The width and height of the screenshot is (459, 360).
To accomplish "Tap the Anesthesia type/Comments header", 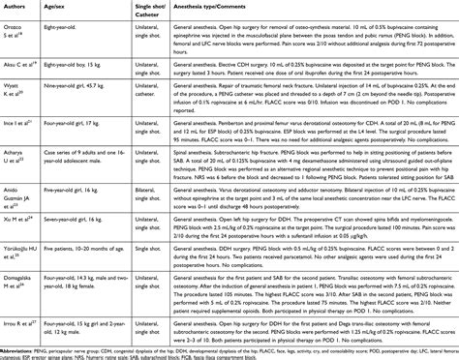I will pyautogui.click(x=249, y=9).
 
